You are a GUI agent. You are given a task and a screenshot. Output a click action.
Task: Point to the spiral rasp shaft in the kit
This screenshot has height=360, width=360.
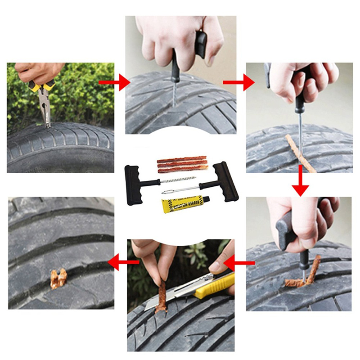(x=180, y=180)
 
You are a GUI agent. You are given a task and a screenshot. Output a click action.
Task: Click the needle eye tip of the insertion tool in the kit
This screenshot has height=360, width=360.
(x=166, y=192)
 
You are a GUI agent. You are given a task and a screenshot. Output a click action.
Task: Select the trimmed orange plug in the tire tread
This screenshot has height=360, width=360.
(x=58, y=279)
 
